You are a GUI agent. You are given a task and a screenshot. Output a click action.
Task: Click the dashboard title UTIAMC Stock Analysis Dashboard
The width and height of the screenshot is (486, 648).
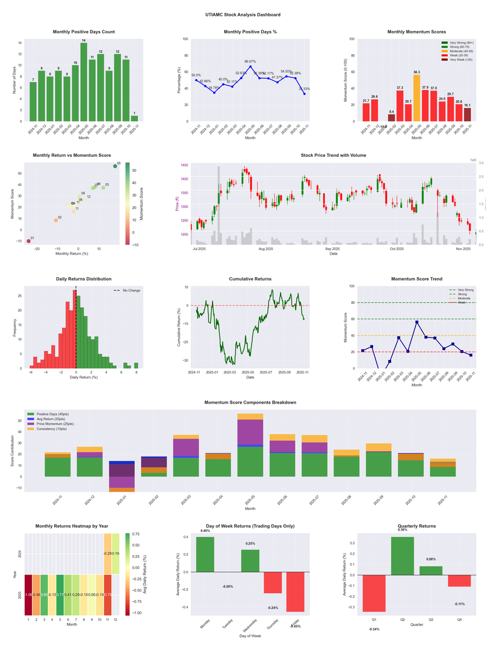click(243, 14)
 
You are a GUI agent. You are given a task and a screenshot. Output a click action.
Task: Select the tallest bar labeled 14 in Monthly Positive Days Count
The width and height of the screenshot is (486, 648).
click(84, 82)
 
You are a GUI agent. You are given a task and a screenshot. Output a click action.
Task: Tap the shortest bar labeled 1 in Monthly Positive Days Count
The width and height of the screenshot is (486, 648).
click(134, 118)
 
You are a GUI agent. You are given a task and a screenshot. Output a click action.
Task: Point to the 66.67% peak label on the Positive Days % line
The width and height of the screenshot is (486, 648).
click(250, 61)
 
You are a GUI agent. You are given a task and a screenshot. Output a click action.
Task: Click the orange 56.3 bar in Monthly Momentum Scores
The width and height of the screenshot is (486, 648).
click(416, 98)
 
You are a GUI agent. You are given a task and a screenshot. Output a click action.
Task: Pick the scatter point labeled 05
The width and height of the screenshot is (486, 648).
click(115, 166)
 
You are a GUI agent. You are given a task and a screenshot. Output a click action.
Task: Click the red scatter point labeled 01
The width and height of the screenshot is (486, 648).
click(28, 241)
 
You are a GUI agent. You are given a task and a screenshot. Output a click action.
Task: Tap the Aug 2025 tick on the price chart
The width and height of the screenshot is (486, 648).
click(265, 249)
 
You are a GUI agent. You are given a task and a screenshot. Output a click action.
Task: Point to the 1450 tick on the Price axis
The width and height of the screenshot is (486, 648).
click(183, 165)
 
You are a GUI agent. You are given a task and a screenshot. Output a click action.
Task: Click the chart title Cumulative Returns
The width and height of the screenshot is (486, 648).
click(250, 278)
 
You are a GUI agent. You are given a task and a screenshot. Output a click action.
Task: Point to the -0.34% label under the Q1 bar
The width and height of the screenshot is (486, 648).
click(374, 629)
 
